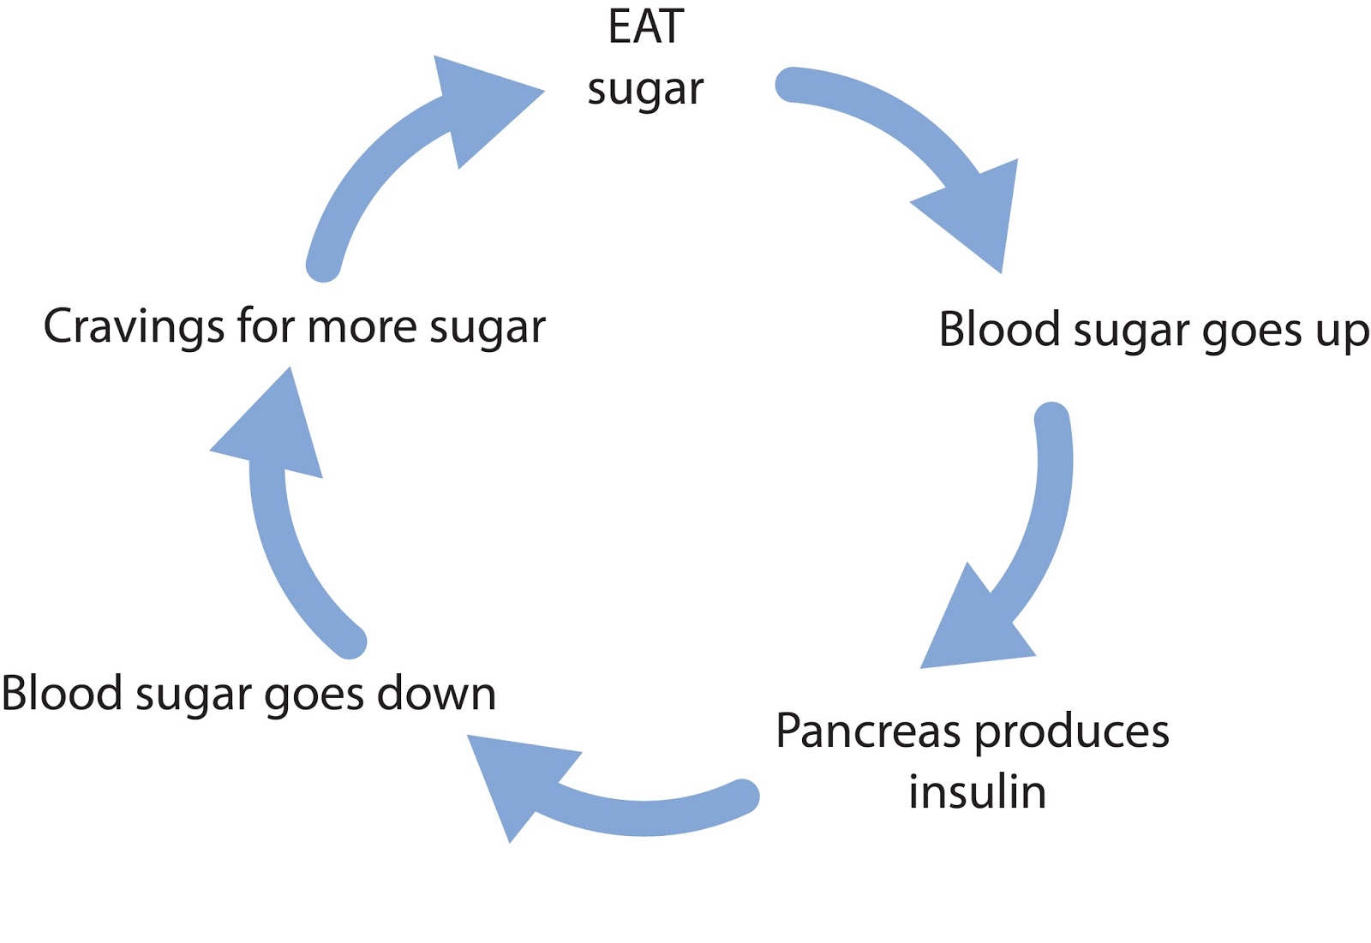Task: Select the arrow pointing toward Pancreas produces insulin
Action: pyautogui.click(x=1028, y=548)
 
